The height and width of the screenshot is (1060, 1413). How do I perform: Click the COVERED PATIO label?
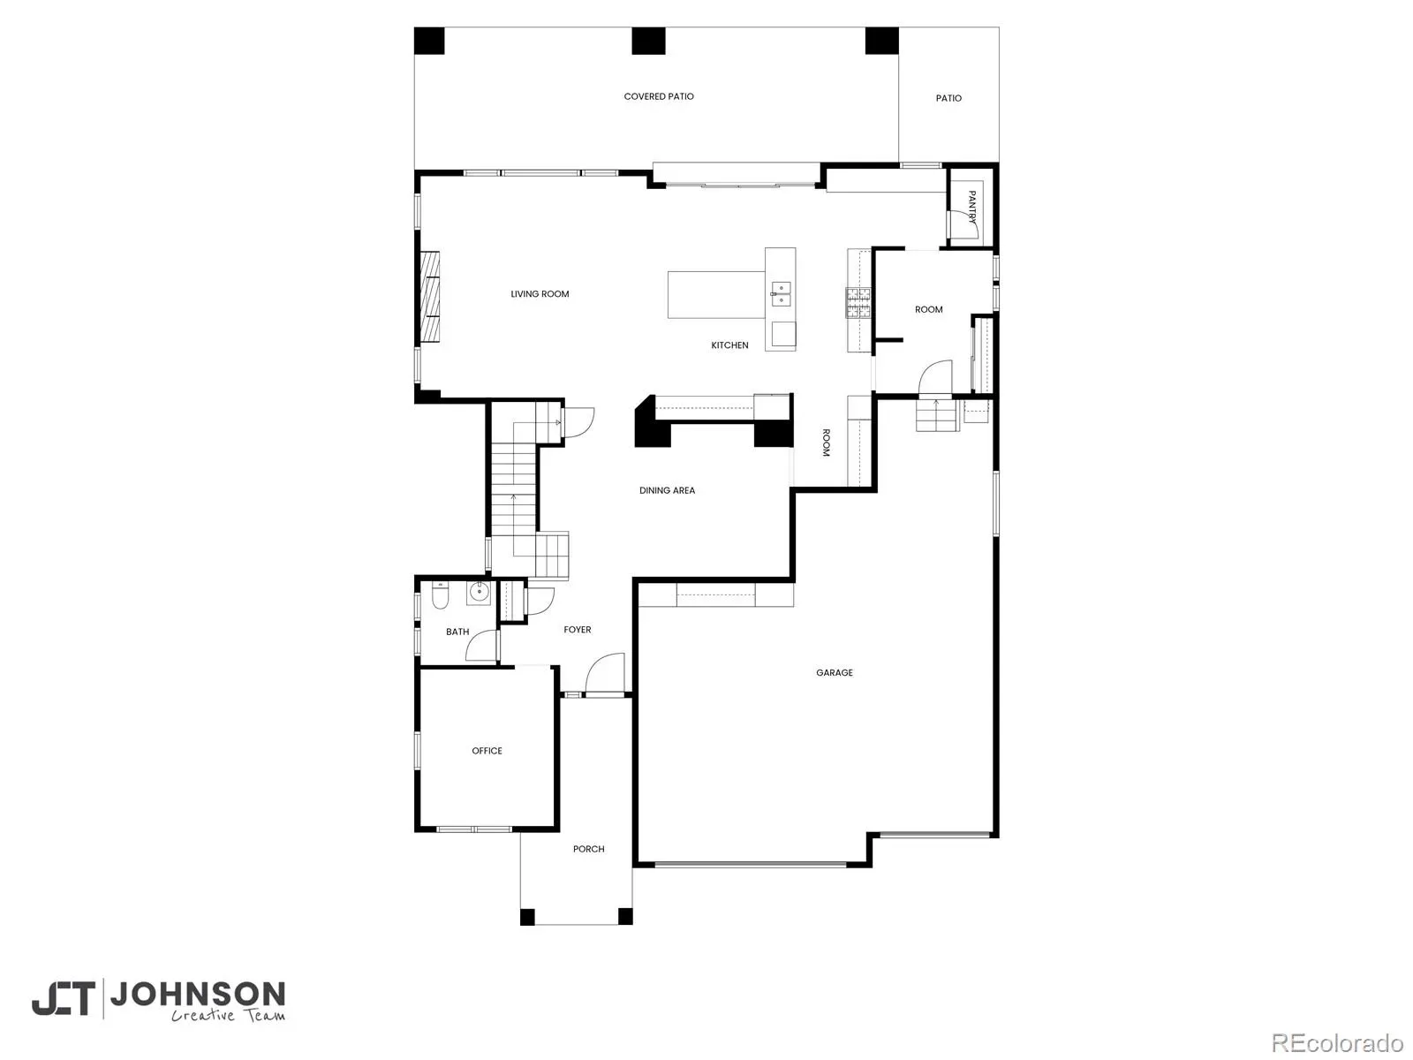click(658, 96)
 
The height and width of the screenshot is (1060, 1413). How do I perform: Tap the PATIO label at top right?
click(948, 98)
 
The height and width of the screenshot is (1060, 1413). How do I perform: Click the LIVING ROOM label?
click(540, 294)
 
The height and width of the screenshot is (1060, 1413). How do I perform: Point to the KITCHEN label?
click(729, 345)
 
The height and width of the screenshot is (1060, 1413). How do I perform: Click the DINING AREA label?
click(667, 490)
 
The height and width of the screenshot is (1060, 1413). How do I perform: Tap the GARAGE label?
click(834, 672)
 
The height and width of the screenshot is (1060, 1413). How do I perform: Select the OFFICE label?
click(487, 751)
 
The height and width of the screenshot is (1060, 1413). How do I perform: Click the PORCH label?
click(588, 849)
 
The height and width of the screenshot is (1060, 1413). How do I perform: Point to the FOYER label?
click(577, 630)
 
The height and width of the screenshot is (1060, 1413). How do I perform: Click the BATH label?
click(457, 632)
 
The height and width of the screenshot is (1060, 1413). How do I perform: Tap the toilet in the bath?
click(440, 596)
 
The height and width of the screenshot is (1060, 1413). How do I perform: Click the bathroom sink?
click(479, 592)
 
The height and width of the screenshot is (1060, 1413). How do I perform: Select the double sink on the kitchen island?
click(780, 293)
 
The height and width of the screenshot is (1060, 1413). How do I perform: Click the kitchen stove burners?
click(858, 302)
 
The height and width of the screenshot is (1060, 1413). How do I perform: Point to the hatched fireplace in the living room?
click(429, 296)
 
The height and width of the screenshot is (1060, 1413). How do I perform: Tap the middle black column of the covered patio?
click(648, 42)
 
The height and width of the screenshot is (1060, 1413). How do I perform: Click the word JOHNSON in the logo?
click(198, 995)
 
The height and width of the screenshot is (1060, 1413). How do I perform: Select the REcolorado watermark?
click(1338, 1042)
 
